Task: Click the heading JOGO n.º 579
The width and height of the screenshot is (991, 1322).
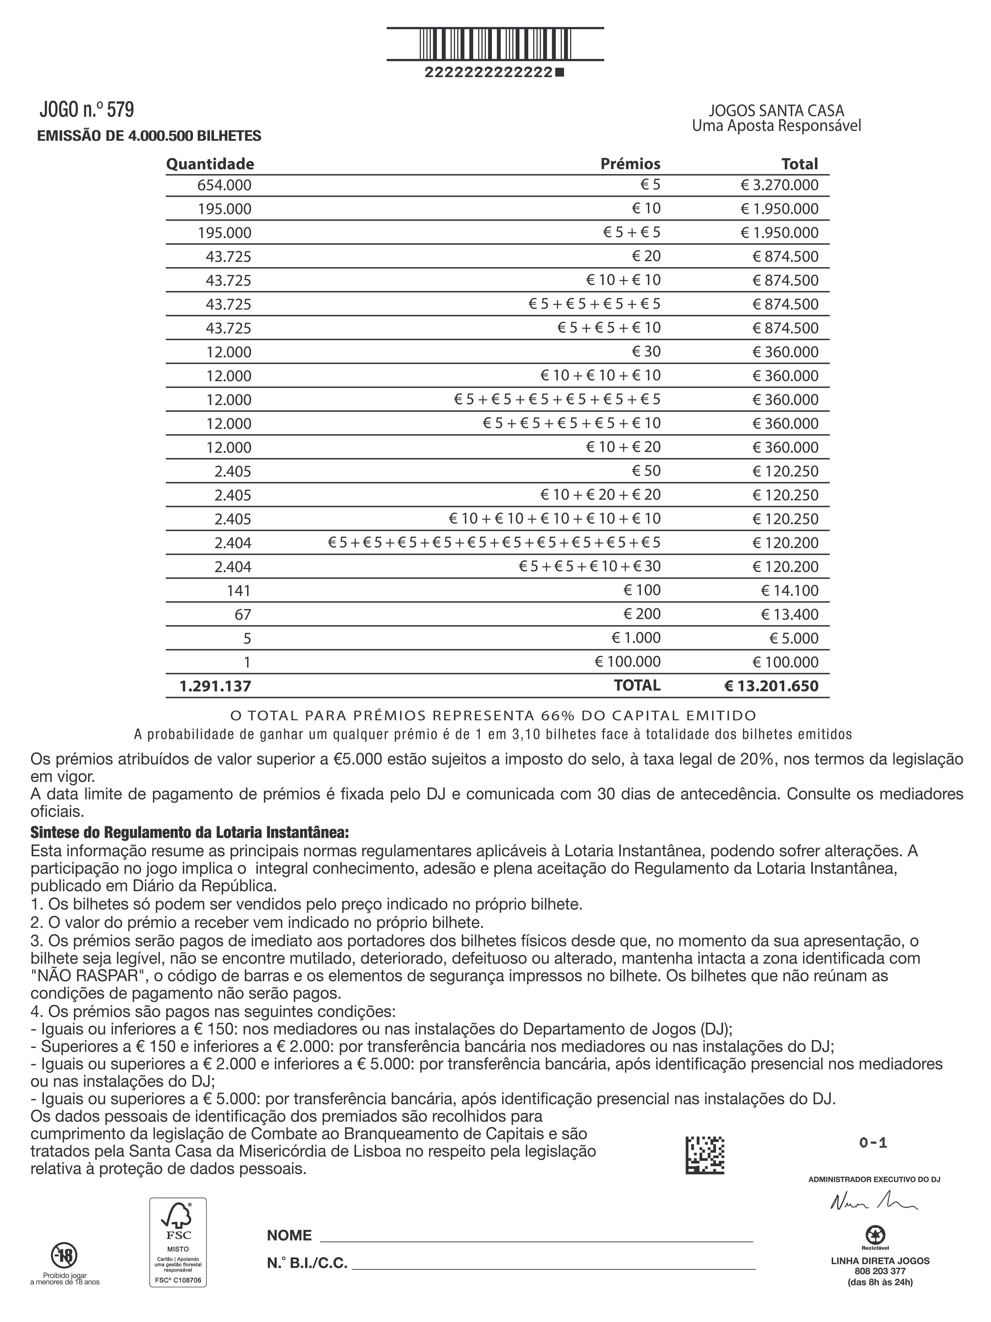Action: (x=87, y=110)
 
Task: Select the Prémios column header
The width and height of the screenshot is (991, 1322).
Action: (x=630, y=164)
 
